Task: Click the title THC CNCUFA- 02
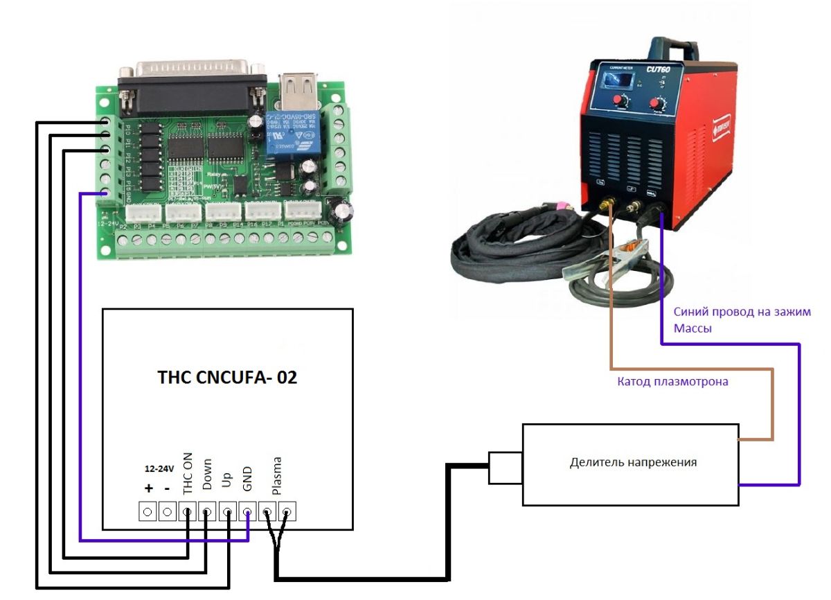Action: pos(227,378)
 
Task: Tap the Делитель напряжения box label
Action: pos(633,462)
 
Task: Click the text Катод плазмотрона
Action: pos(672,381)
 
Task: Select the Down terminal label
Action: pos(207,475)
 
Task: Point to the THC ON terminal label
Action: pos(188,477)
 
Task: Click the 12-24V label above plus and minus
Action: pos(158,468)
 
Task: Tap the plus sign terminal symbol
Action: pos(148,488)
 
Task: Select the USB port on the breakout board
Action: pos(298,90)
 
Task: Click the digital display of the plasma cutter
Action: pos(619,81)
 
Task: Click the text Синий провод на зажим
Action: pos(742,312)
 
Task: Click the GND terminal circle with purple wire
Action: pos(247,513)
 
